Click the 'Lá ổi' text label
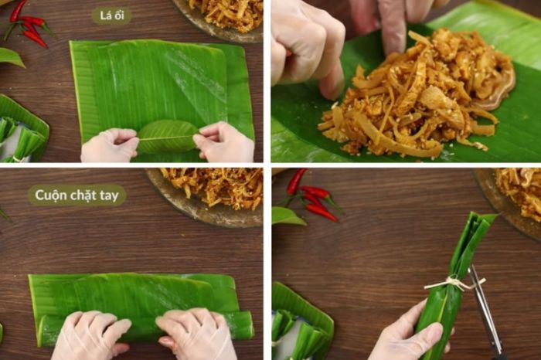pos(111,15)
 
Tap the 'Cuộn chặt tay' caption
pos(77,195)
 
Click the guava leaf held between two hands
pos(168,137)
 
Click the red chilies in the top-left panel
pos(27,24)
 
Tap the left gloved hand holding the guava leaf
pos(110,144)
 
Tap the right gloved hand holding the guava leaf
pos(224,141)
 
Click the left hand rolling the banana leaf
pos(90,335)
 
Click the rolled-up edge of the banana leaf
pos(145,329)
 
